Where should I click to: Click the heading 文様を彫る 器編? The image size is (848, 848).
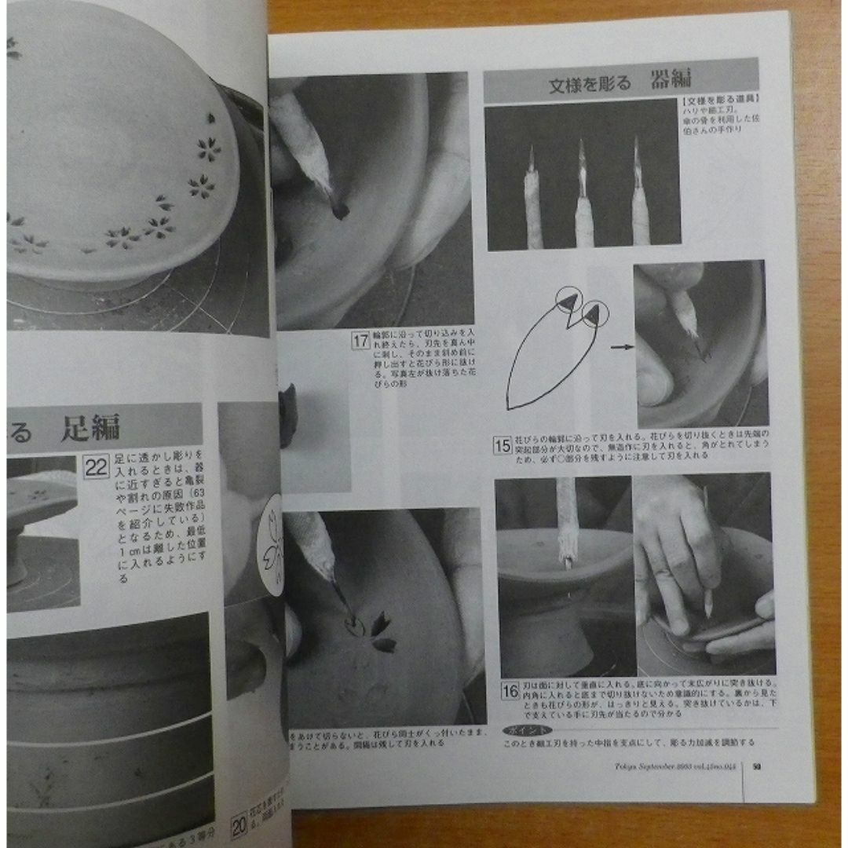620,82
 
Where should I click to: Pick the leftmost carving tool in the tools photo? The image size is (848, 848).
533,201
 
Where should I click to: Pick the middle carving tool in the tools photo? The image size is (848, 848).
583,196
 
